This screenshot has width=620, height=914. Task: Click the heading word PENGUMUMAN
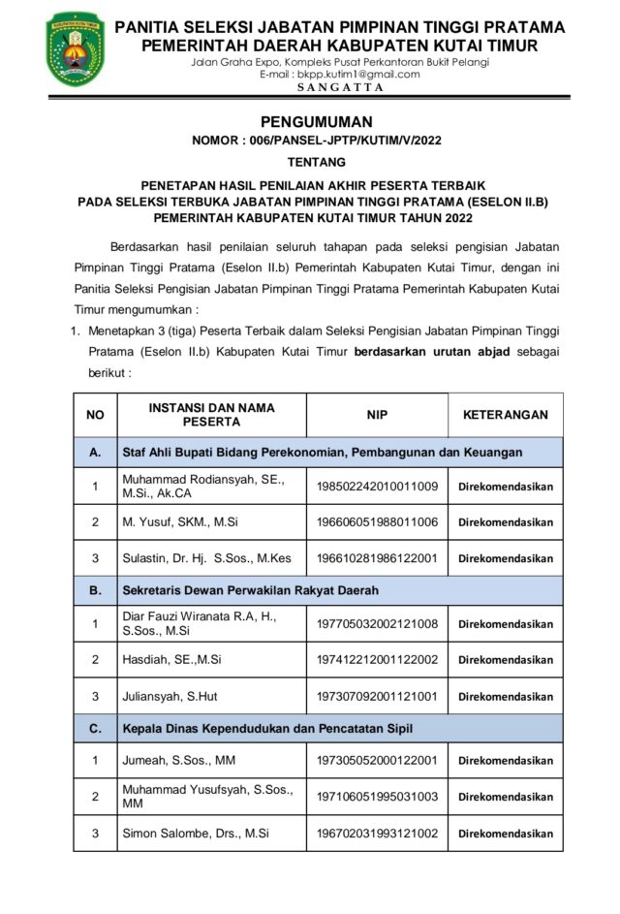pos(316,121)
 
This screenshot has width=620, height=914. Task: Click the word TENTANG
pos(317,162)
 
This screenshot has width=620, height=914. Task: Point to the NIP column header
pos(377,415)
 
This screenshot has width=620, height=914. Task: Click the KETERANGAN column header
pos(505,415)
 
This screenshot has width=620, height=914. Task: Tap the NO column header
pos(95,415)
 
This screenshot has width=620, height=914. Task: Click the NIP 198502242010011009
pos(377,487)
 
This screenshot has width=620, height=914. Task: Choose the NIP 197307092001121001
pos(377,696)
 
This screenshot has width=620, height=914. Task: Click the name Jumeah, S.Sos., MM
pos(178,761)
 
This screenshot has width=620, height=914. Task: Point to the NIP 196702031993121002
pos(377,833)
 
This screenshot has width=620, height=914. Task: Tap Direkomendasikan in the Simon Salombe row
pos(506,834)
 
